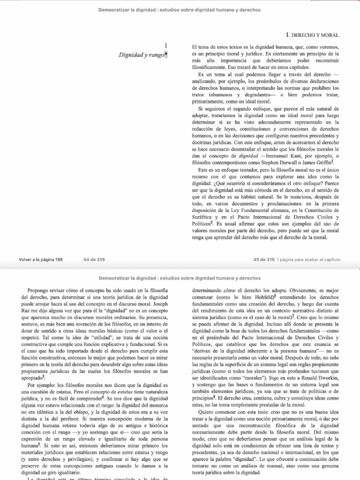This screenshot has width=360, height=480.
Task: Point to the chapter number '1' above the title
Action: tap(166, 46)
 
